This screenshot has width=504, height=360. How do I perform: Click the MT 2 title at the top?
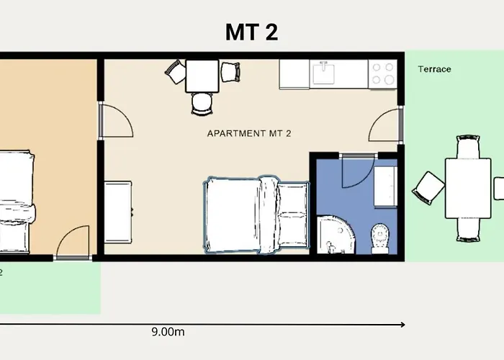point(252,32)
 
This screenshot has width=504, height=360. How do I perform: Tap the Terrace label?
point(434,69)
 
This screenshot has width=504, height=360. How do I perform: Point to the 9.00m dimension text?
point(168,332)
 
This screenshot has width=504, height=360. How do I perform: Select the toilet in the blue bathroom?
point(379,237)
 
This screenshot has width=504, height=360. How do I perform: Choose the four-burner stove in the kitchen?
point(382,73)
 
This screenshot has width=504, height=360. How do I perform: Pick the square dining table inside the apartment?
point(202,76)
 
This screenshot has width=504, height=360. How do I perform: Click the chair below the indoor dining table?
point(202,103)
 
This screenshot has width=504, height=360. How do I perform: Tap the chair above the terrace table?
point(468,147)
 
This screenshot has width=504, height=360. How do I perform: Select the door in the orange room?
point(73,242)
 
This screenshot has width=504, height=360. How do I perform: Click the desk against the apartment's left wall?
point(119,212)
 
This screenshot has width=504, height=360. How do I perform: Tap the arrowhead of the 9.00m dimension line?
point(402,324)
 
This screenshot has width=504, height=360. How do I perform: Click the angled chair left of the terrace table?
point(428,188)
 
